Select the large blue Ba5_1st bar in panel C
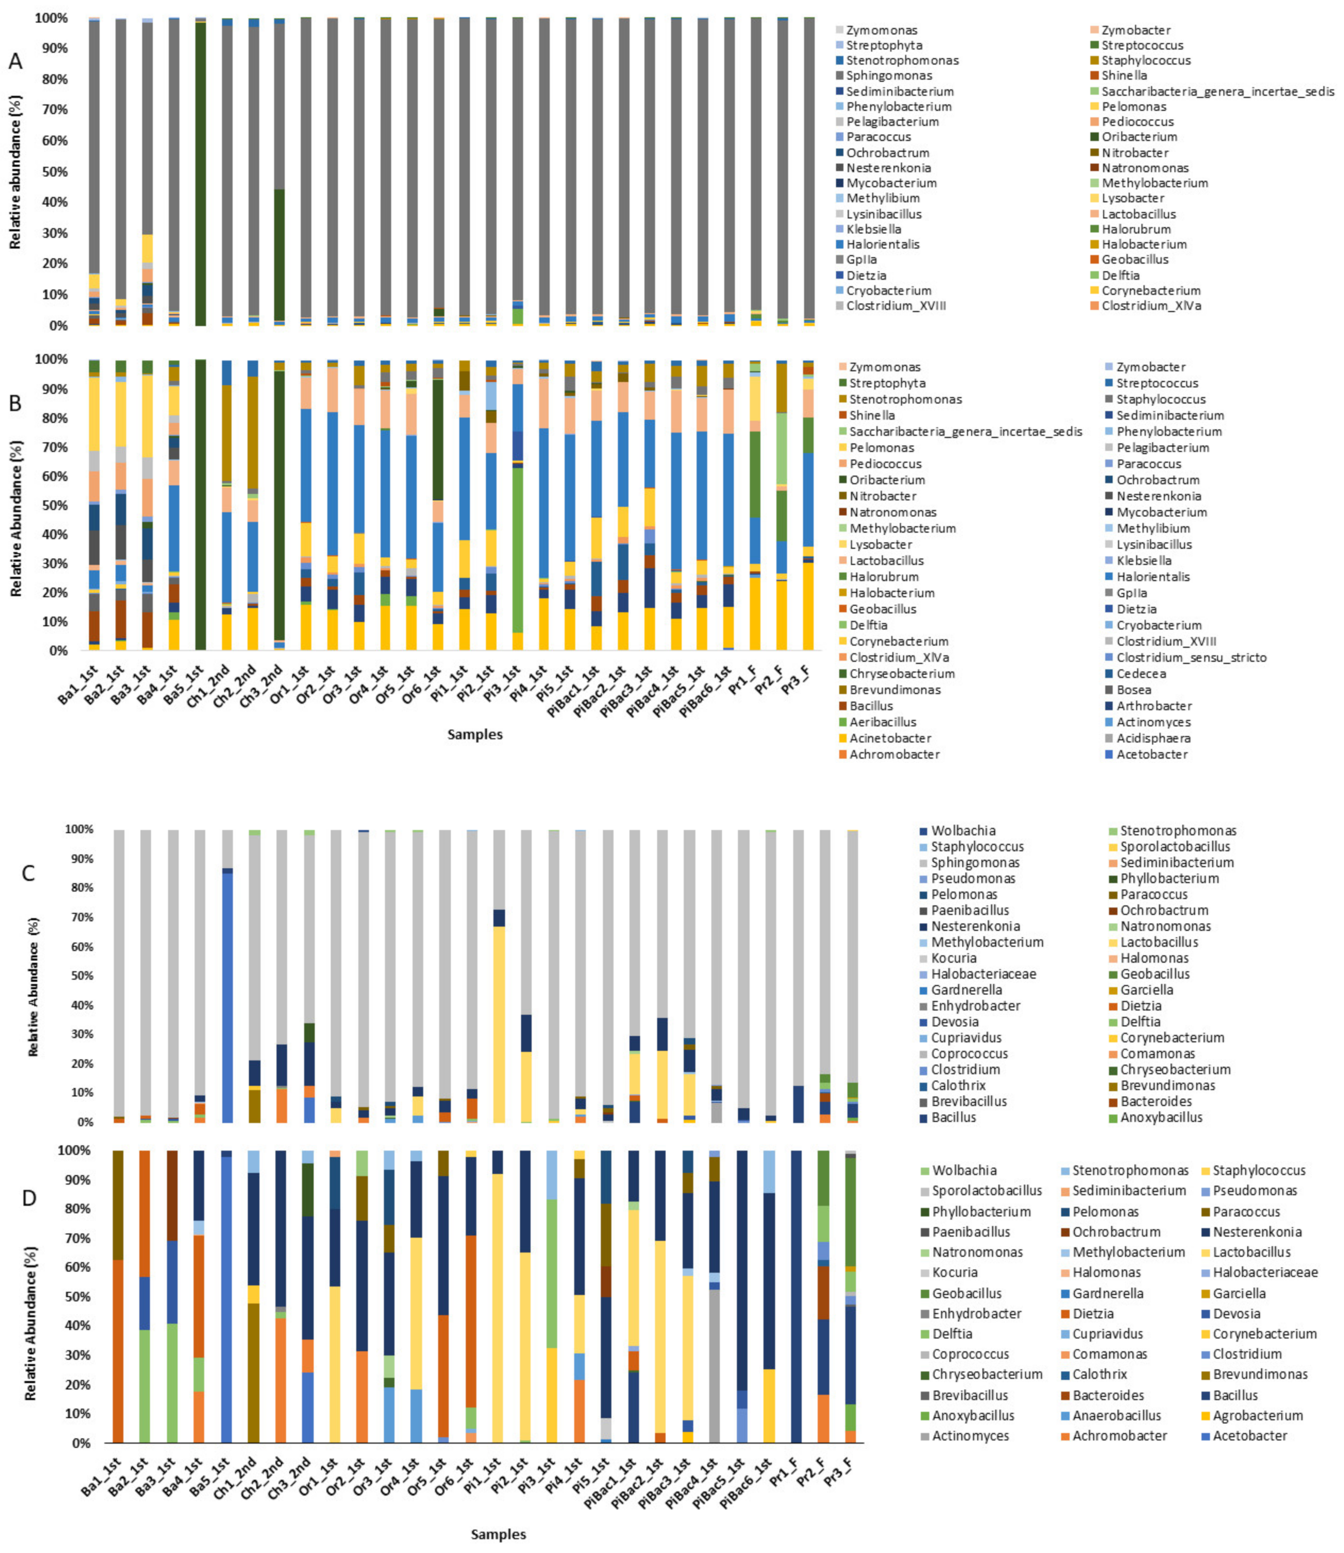[227, 997]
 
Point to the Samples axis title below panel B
[475, 734]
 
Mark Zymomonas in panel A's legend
[881, 30]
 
